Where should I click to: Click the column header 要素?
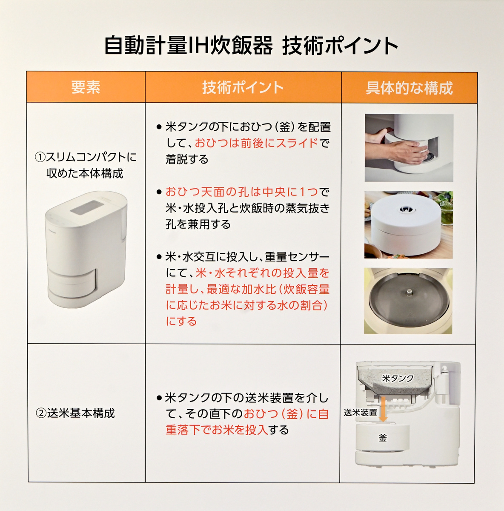coord(86,87)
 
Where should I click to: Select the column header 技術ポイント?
coord(243,87)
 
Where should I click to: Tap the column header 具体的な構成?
coord(409,88)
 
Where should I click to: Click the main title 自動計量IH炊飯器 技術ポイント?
coord(251,46)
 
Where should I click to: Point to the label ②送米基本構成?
coord(75,413)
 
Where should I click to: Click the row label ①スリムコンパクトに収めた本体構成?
coord(86,165)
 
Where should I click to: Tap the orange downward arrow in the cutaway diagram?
coord(383,409)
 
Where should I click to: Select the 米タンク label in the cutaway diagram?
coord(398,378)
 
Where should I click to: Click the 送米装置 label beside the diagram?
coord(360,412)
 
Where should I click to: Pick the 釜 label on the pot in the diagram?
coord(383,438)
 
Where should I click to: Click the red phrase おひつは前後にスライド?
coord(256,143)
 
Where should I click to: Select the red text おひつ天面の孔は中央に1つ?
coord(242,192)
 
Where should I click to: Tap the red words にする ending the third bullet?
coord(181,321)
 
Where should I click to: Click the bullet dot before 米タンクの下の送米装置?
coord(159,398)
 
